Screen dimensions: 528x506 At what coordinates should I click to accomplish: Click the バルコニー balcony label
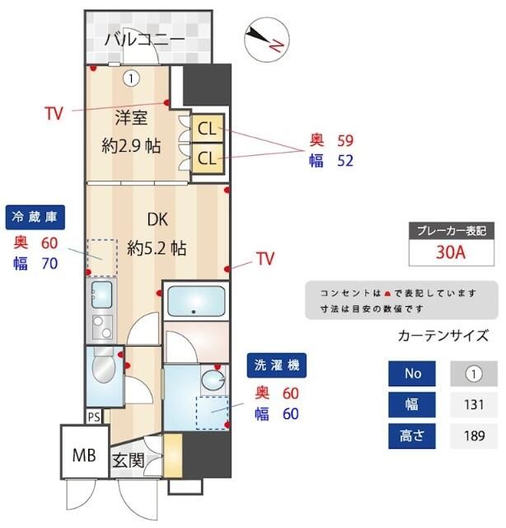pyautogui.click(x=145, y=39)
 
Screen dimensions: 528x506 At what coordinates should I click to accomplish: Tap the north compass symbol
pyautogui.click(x=265, y=38)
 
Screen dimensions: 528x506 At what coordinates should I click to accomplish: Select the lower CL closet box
pyautogui.click(x=206, y=157)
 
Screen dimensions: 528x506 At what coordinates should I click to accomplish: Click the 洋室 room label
pyautogui.click(x=131, y=117)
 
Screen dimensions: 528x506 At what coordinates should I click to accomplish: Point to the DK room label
pyautogui.click(x=157, y=220)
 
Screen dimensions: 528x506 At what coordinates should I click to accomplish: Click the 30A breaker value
pyautogui.click(x=451, y=252)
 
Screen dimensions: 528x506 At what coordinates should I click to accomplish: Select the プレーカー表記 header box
pyautogui.click(x=451, y=230)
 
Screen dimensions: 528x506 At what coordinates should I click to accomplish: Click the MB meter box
pyautogui.click(x=83, y=454)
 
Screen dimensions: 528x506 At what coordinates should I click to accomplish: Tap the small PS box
pyautogui.click(x=94, y=417)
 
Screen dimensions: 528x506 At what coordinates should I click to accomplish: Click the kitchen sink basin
pyautogui.click(x=101, y=293)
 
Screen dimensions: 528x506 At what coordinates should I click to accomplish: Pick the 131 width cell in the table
pyautogui.click(x=473, y=404)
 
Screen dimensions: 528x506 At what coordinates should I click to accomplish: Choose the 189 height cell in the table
pyautogui.click(x=473, y=436)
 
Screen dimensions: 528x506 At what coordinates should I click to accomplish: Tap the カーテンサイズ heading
pyautogui.click(x=443, y=336)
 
